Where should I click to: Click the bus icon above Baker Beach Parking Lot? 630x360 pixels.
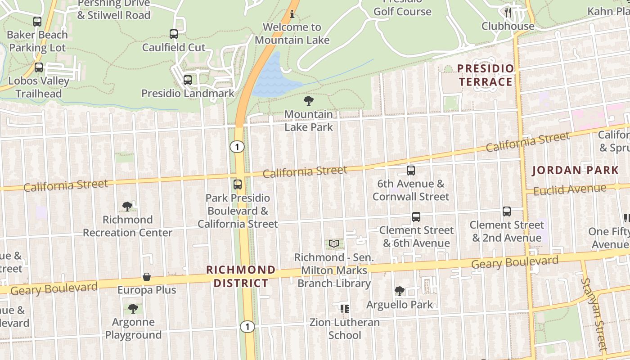37,21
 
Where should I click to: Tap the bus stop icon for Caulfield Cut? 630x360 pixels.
174,34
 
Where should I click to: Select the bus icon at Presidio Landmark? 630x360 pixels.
188,80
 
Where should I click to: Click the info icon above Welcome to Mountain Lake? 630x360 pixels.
292,14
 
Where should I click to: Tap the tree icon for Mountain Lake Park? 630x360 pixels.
309,101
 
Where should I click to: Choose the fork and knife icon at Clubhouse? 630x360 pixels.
508,12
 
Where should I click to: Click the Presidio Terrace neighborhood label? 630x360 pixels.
486,75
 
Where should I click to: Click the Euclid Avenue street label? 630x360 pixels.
569,190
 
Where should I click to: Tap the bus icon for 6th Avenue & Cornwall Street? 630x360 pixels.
410,171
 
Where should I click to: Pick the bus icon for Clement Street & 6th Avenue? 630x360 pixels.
416,217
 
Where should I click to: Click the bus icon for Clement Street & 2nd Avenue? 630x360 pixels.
507,211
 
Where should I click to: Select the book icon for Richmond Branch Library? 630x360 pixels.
333,244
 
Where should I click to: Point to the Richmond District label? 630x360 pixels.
241,276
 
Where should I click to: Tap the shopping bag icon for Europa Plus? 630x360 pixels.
147,277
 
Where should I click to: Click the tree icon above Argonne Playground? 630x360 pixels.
133,309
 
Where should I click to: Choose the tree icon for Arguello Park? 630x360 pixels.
399,291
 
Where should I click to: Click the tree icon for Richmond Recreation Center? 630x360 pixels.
127,207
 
